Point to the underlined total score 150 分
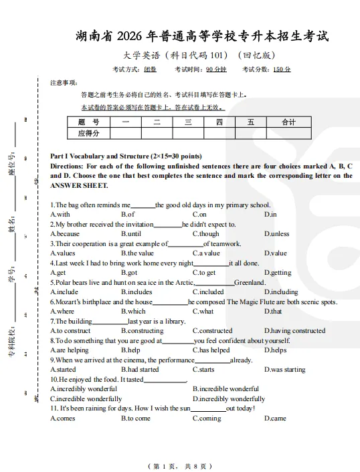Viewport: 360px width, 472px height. pyautogui.click(x=282, y=70)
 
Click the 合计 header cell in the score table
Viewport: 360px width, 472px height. pyautogui.click(x=288, y=122)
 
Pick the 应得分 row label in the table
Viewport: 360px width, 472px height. pyautogui.click(x=88, y=134)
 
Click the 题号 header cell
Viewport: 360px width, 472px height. pyautogui.click(x=88, y=122)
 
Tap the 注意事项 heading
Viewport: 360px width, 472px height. pyautogui.click(x=64, y=83)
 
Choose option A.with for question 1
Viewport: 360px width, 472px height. pyautogui.click(x=60, y=215)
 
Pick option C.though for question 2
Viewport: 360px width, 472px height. pyautogui.click(x=205, y=234)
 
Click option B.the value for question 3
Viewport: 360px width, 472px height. pyautogui.click(x=137, y=253)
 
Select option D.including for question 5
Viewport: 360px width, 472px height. pyautogui.click(x=280, y=292)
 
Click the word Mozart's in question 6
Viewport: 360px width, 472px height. pyautogui.click(x=71, y=302)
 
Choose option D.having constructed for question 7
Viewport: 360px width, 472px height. pyautogui.click(x=294, y=331)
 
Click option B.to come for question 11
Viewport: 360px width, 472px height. pyautogui.click(x=135, y=419)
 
